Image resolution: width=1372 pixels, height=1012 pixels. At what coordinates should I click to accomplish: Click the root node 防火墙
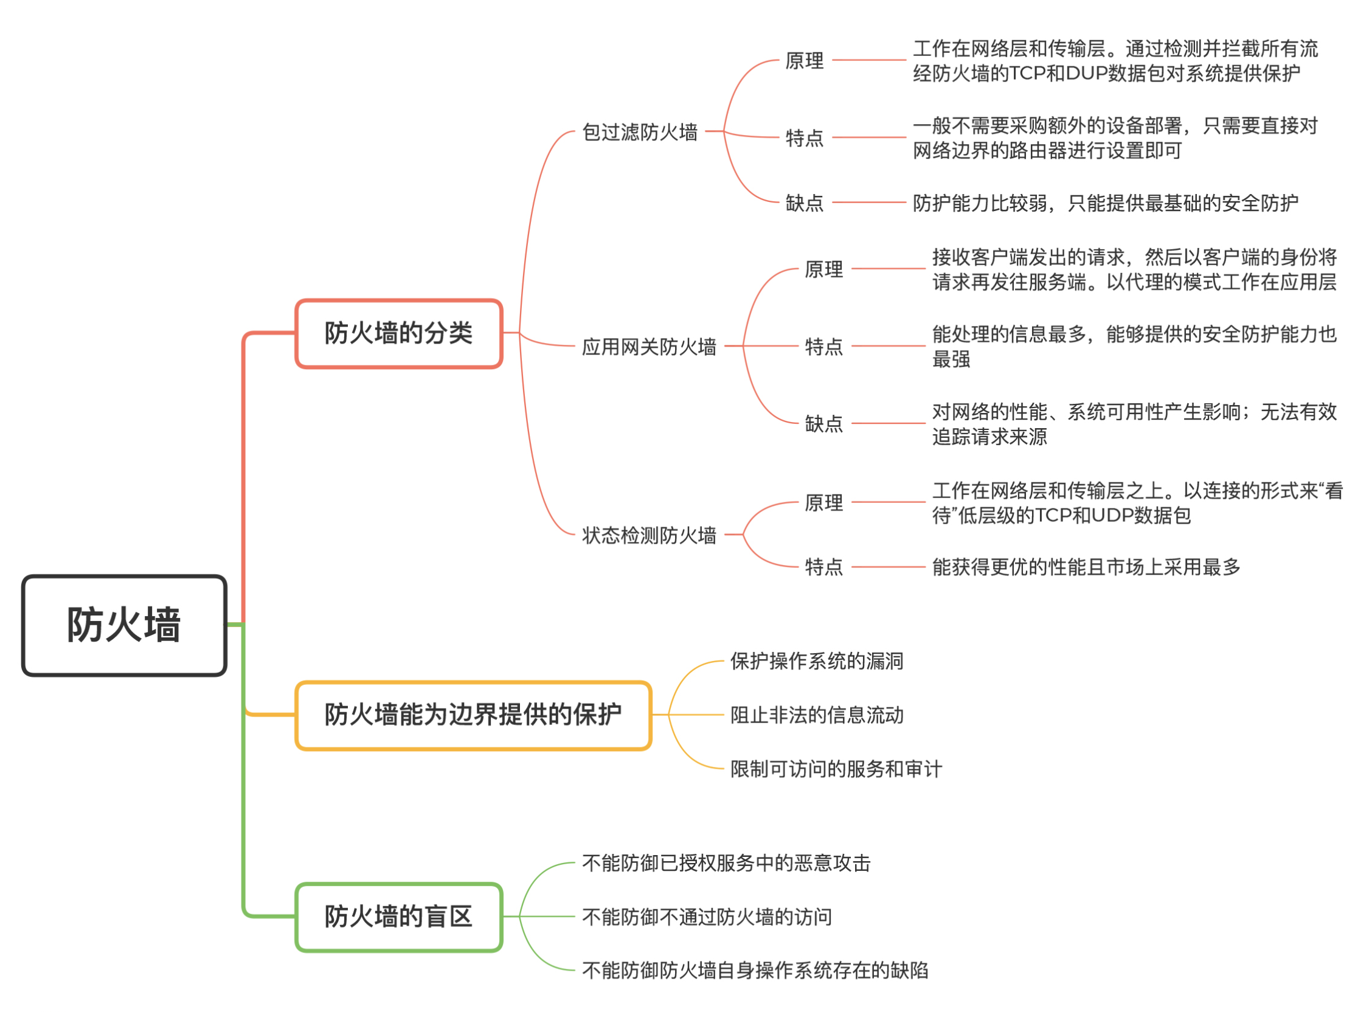coord(124,625)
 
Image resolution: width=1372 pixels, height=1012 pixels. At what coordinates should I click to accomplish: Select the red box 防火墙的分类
coord(399,334)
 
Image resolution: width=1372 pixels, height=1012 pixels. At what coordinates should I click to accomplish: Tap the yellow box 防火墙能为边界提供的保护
coord(473,715)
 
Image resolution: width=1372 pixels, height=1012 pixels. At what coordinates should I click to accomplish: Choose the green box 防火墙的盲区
coord(399,917)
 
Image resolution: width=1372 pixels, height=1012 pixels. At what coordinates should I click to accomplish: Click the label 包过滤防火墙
coord(640,132)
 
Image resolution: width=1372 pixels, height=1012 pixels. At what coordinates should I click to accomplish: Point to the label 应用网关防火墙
coord(650,347)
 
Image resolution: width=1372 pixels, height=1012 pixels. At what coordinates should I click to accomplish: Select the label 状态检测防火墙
coord(650,535)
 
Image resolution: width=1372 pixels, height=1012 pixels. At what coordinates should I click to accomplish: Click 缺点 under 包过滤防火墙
coord(805,203)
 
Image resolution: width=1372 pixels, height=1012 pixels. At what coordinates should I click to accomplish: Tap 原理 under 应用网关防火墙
coord(825,269)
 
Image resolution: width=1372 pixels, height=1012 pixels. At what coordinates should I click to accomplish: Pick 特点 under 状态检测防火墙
coord(825,567)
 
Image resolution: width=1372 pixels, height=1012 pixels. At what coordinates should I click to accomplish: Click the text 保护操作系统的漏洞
coord(817,662)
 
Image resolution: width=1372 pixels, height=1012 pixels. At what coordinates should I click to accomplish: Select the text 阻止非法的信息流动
coord(817,715)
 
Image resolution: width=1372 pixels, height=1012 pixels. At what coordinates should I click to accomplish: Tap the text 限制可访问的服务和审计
coord(836,769)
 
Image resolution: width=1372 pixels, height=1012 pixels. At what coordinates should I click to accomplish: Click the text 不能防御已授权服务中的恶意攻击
coord(726,864)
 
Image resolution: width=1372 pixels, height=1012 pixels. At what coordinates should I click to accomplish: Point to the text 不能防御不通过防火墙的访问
coord(707,918)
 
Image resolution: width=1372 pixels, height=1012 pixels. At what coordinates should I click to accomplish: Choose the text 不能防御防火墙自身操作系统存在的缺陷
coord(755,971)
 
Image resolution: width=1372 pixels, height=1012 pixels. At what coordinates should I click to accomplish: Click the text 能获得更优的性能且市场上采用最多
coord(1086,567)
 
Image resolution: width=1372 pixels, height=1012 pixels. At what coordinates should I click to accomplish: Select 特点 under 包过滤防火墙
coord(805,138)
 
